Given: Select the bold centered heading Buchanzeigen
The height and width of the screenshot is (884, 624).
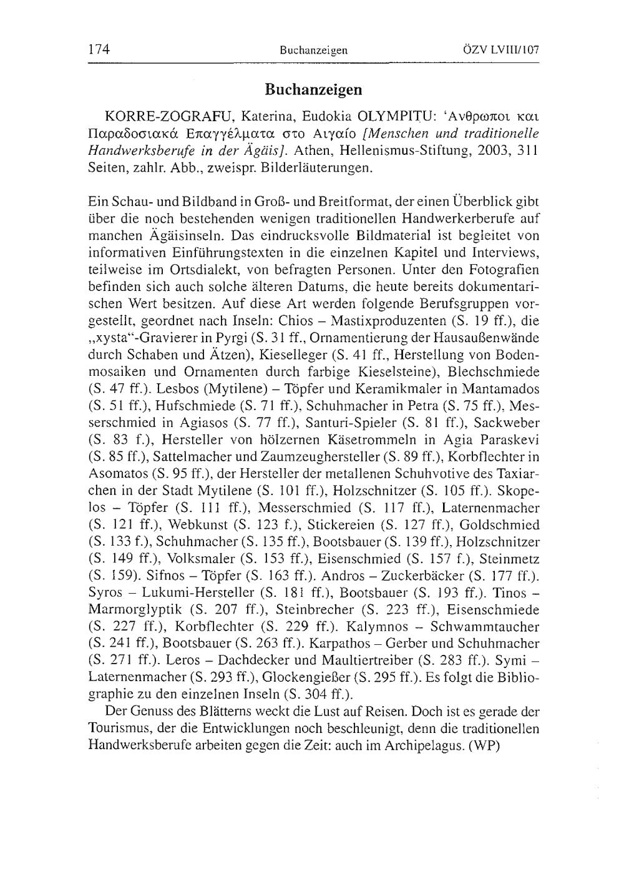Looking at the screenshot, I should coord(313,90).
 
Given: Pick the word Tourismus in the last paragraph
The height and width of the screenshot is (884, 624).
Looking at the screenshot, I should coord(122,728).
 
